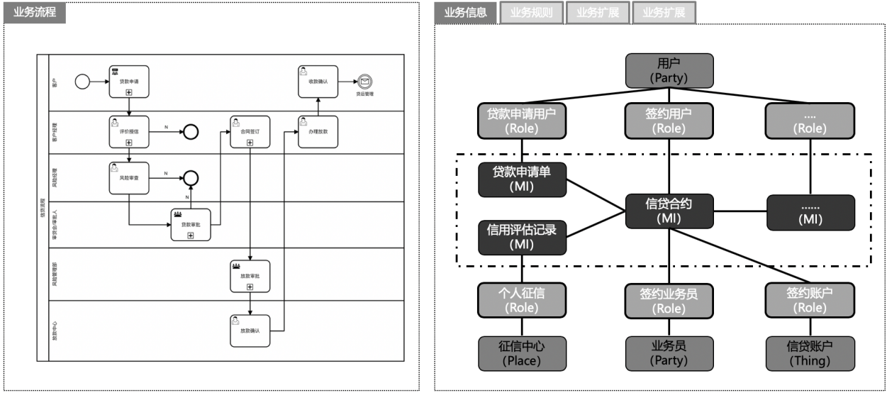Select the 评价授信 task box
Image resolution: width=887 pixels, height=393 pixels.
(x=129, y=131)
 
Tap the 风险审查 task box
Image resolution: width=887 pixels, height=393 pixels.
(x=129, y=177)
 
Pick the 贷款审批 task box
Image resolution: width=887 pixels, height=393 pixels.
(x=191, y=224)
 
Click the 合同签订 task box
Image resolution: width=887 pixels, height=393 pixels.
(x=250, y=131)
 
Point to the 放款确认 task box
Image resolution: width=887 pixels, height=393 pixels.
(x=250, y=331)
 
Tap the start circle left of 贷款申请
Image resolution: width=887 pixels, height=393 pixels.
(x=82, y=82)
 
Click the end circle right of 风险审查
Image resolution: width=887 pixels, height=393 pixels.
(x=191, y=177)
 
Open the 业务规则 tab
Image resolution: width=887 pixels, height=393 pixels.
(x=531, y=13)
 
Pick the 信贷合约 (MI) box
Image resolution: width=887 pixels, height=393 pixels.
(x=669, y=211)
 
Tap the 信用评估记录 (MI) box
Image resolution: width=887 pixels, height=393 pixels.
(x=522, y=237)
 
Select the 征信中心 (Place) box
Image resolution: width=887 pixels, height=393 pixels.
(x=522, y=353)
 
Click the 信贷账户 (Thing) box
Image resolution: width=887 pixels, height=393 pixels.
(x=810, y=353)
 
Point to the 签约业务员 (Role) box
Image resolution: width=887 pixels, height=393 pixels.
(x=669, y=301)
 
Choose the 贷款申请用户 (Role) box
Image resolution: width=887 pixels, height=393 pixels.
(x=522, y=121)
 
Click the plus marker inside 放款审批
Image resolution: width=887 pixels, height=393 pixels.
(x=250, y=287)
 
